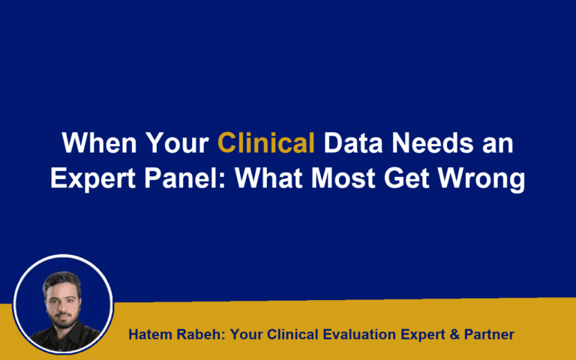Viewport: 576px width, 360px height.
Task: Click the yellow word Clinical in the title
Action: pyautogui.click(x=265, y=142)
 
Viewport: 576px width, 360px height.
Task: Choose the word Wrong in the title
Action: pyautogui.click(x=486, y=181)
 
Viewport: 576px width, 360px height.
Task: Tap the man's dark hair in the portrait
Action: pyautogui.click(x=61, y=280)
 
